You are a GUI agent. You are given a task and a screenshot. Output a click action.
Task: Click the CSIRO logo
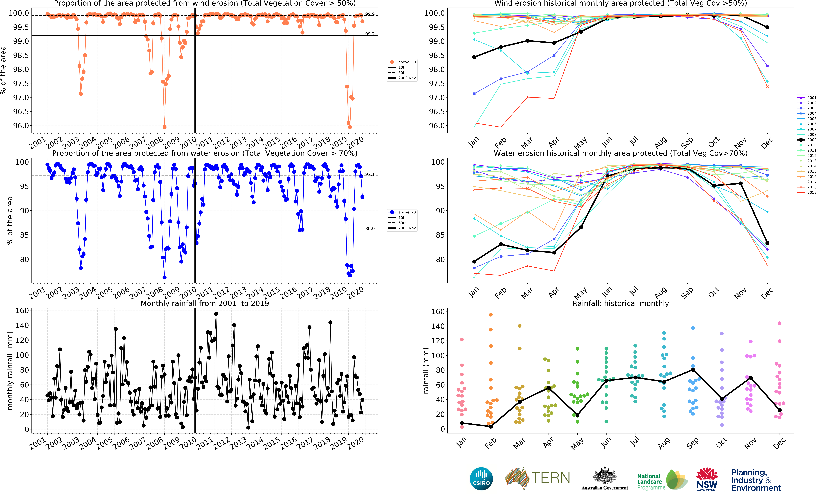tap(481, 479)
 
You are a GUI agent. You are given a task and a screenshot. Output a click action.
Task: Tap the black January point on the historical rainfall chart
tap(462, 423)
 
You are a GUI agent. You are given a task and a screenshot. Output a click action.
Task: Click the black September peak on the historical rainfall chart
tap(693, 370)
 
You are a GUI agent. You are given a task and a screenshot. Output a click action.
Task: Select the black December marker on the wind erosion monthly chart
tap(767, 27)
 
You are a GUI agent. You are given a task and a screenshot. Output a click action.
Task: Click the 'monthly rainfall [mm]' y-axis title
tap(10, 370)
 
